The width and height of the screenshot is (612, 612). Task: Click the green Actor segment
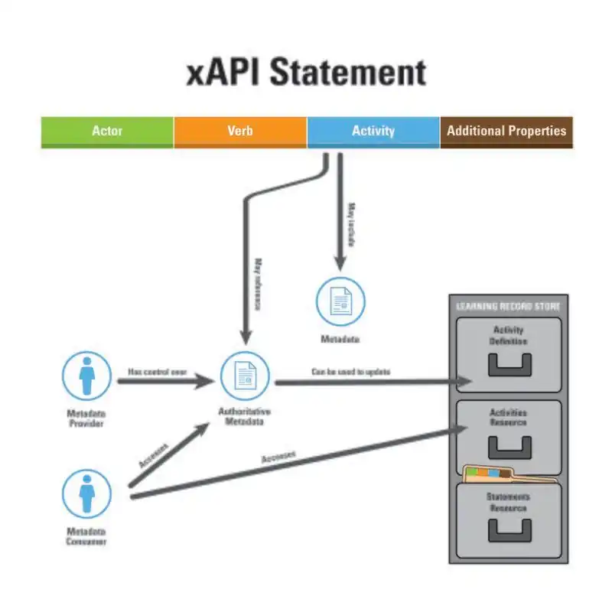(x=107, y=131)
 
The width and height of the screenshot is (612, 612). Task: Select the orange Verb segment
(x=239, y=131)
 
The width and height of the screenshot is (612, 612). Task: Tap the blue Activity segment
(x=373, y=131)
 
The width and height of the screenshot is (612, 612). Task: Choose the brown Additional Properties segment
(x=506, y=131)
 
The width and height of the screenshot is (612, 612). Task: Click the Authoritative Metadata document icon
(x=245, y=376)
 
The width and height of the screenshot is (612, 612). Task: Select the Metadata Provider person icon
(x=86, y=376)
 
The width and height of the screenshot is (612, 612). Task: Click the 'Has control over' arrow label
(x=158, y=371)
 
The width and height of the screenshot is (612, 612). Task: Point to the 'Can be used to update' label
(x=350, y=372)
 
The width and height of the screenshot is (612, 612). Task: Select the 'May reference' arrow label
(x=258, y=283)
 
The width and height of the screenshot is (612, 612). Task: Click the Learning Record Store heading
(x=508, y=307)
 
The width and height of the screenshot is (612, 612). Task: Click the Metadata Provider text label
(x=85, y=418)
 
